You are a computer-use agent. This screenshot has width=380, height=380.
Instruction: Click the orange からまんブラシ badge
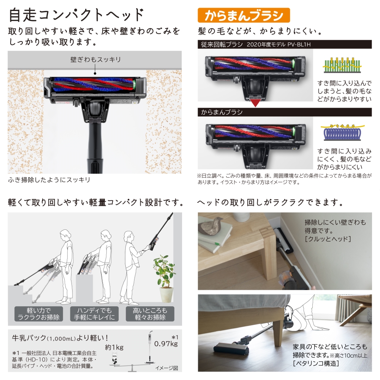point(244,15)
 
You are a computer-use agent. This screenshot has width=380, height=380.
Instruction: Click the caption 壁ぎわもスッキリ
point(95,60)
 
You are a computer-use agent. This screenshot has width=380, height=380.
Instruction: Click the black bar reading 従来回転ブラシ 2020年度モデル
point(285,45)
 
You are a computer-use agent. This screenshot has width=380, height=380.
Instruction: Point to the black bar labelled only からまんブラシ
point(285,113)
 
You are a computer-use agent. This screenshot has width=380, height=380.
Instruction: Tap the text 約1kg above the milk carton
point(115,347)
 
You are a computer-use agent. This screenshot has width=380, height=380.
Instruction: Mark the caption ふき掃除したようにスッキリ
point(49,180)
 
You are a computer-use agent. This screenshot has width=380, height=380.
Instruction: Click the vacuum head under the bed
point(232,347)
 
